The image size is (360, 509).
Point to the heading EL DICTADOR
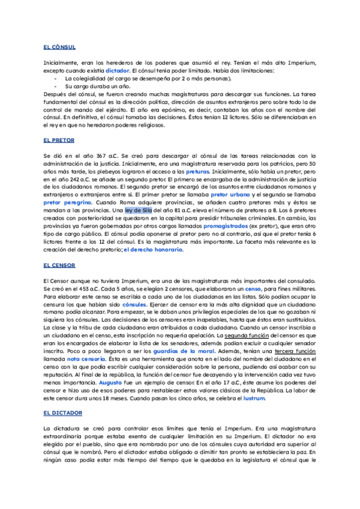click(x=62, y=413)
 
